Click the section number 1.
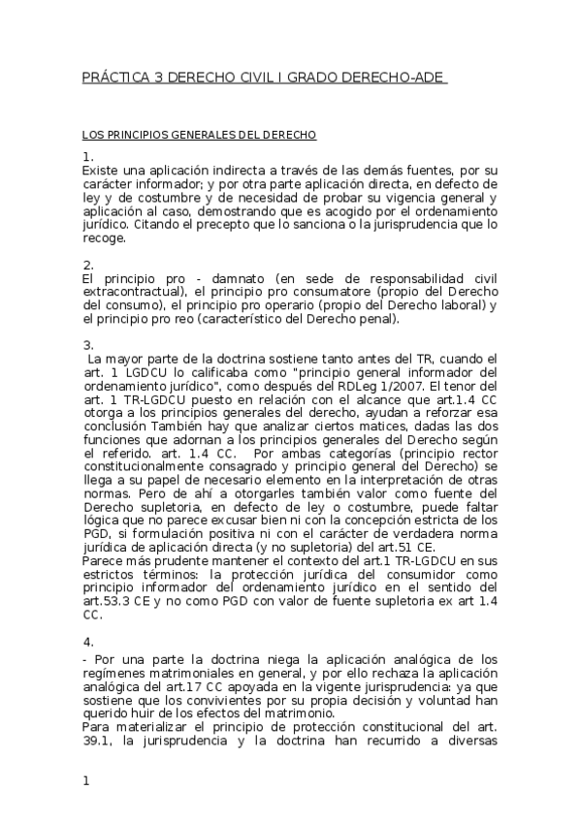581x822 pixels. pos(87,156)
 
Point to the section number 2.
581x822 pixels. pos(87,264)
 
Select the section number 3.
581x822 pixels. pos(87,344)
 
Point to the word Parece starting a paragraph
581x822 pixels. pos(105,561)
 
